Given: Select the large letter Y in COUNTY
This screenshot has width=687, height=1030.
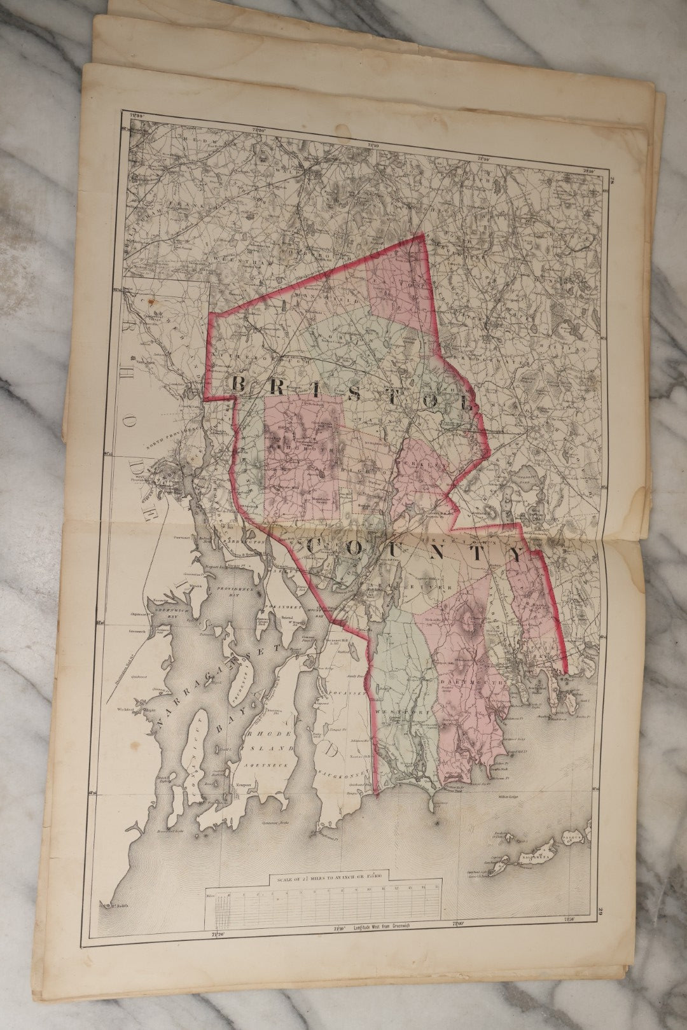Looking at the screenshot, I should pyautogui.click(x=521, y=554).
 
